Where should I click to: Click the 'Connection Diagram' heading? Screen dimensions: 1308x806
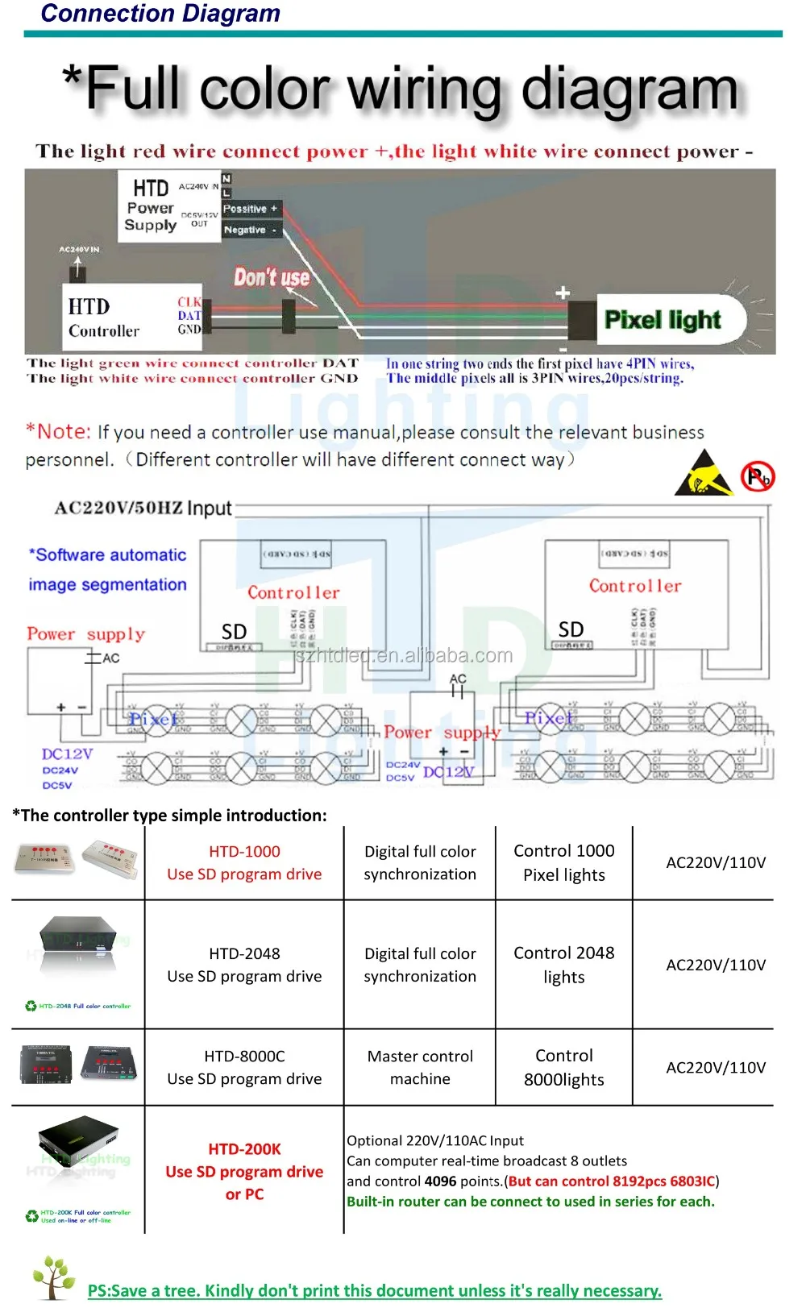pos(160,14)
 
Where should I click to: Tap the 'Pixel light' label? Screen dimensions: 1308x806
pos(663,320)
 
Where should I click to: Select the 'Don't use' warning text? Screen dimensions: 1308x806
pos(272,277)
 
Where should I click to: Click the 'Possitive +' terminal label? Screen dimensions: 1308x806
pos(251,209)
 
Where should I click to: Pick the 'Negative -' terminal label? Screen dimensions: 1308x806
pos(250,230)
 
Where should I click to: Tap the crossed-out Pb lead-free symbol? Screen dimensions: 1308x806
pos(758,476)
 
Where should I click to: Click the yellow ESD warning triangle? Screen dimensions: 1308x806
pos(703,474)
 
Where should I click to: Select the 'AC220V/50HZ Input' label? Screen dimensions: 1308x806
pos(143,508)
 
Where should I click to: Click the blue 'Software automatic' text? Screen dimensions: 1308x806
pos(108,555)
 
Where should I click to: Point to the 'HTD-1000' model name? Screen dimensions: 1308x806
pos(244,851)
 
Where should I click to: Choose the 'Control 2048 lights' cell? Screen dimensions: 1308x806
pos(563,965)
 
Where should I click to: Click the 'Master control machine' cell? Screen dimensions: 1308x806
pos(420,1067)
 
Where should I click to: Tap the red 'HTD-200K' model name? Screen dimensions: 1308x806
pos(244,1149)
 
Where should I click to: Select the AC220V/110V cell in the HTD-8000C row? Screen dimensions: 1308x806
pos(715,1067)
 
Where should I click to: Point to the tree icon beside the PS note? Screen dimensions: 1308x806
pos(54,1277)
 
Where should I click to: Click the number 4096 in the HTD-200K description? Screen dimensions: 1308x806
pos(440,1181)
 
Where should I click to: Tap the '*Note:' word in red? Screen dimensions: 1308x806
pos(59,432)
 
